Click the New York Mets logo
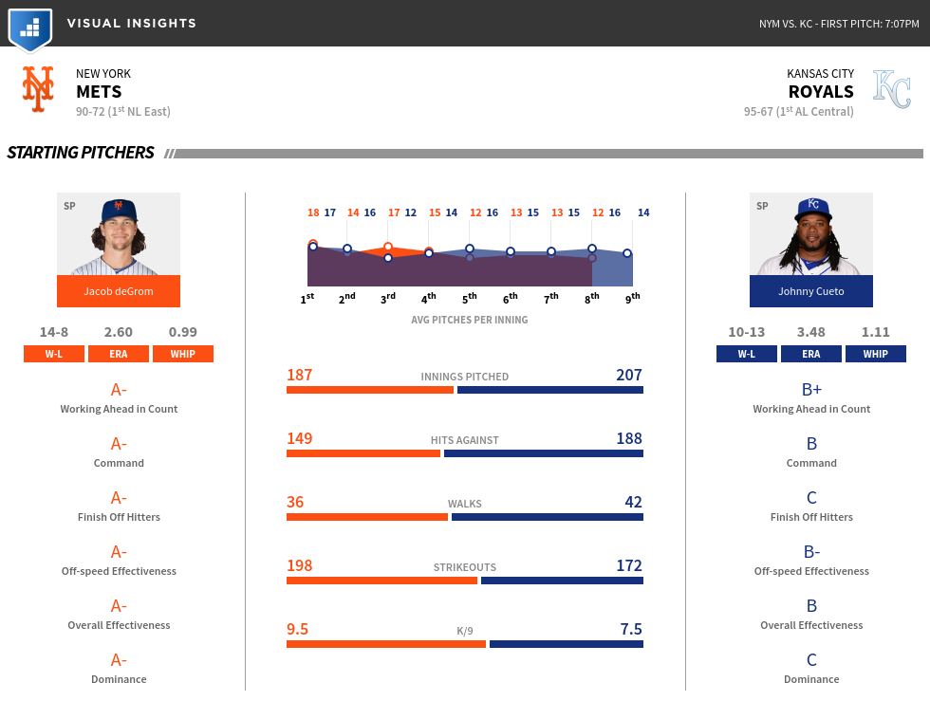pos(38,89)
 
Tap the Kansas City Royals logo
pos(891,89)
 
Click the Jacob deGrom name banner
pos(119,291)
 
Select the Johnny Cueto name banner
pos(811,291)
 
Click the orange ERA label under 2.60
pos(119,354)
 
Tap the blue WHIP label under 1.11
pos(875,354)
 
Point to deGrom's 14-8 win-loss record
pos(54,332)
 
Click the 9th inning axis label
pos(633,298)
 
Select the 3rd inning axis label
pos(388,298)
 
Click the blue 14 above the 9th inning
pos(643,212)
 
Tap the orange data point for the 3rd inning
pos(388,247)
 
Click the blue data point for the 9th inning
pos(627,253)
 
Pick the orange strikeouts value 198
pos(300,565)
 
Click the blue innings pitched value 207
pos(629,375)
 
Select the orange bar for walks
pos(367,517)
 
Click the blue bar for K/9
pos(567,644)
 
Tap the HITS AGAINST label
pos(465,440)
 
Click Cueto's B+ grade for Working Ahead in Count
pos(811,390)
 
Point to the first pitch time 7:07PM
pos(902,24)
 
